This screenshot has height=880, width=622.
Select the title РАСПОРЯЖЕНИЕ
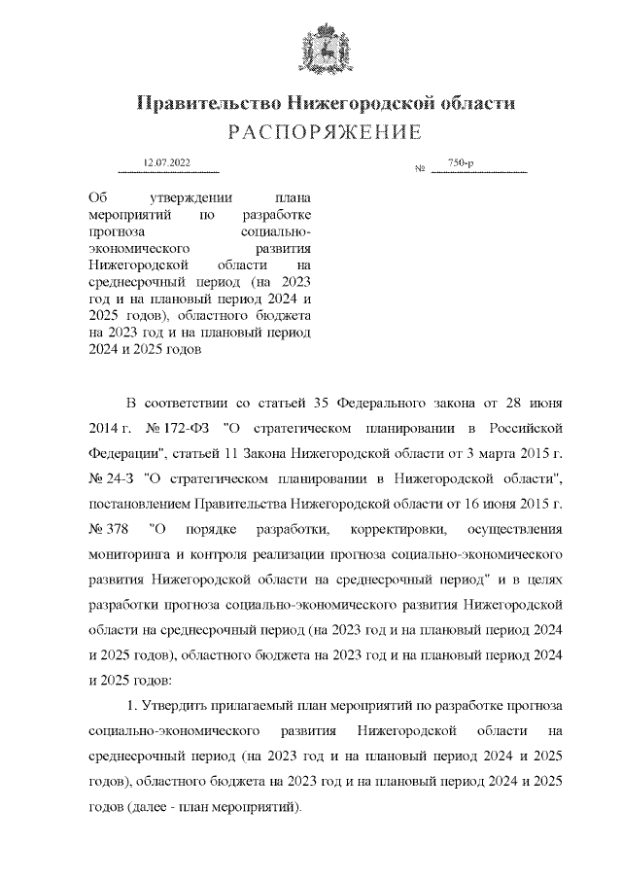point(311,131)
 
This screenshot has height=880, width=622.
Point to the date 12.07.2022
point(166,162)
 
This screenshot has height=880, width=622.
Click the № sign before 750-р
point(421,170)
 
